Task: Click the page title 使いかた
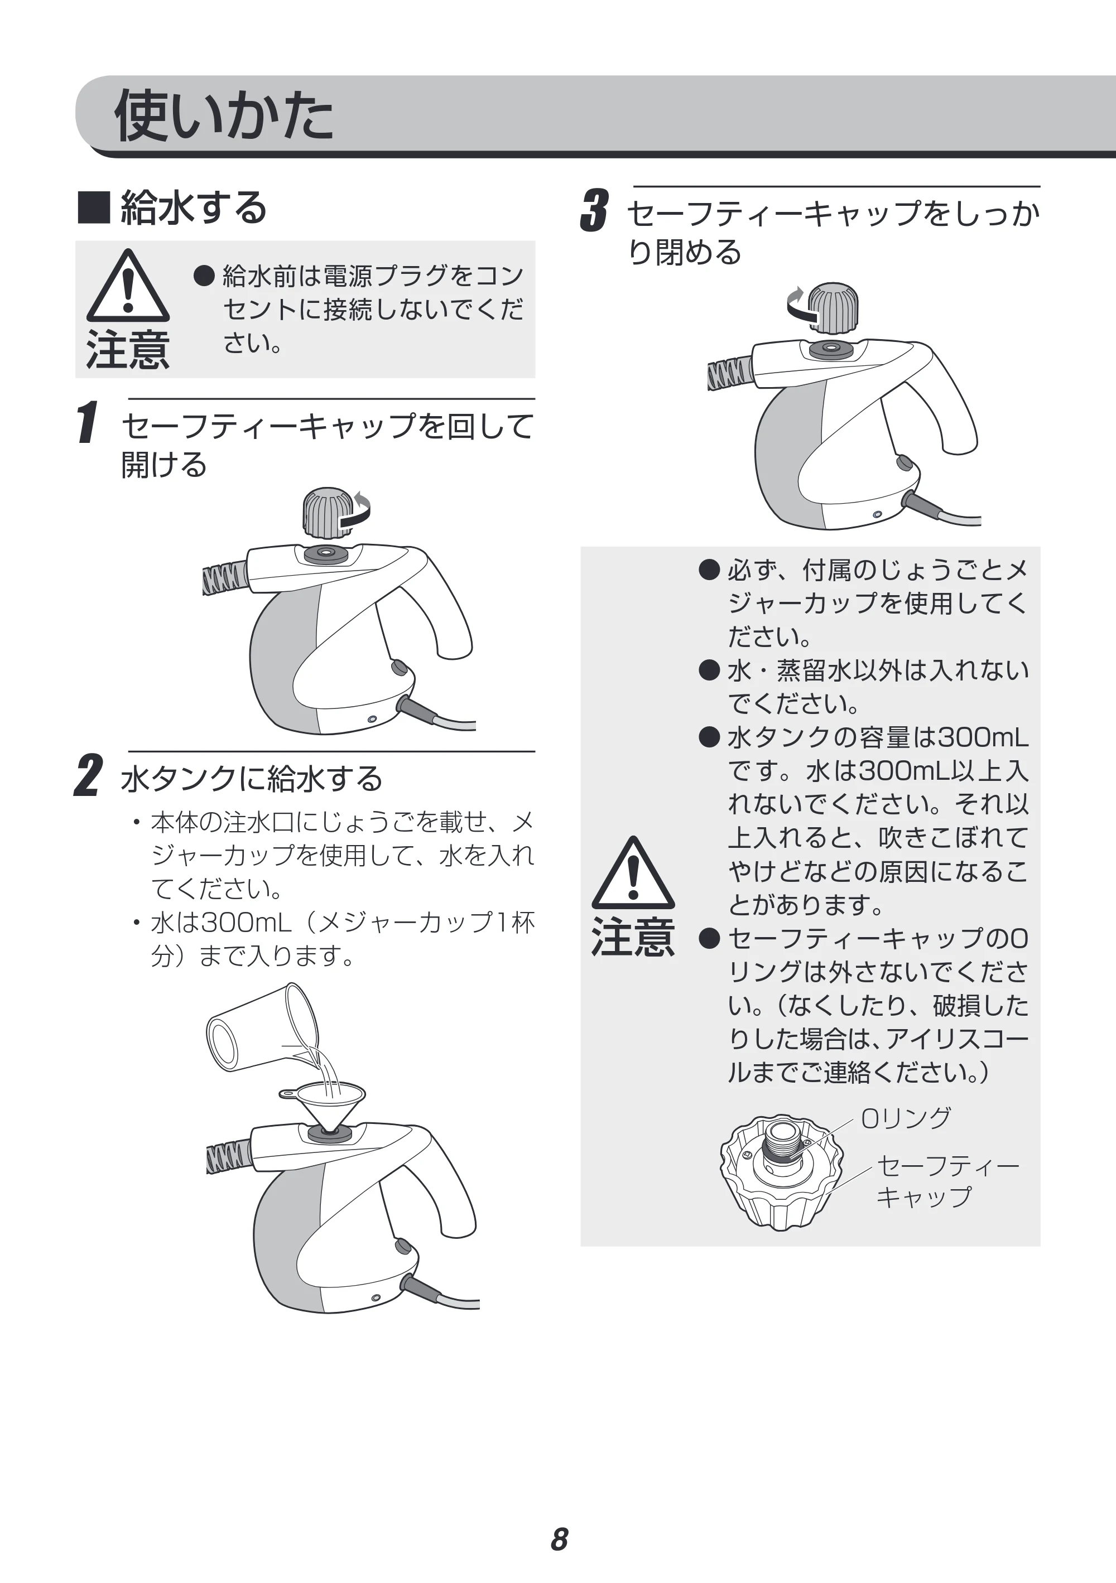(223, 115)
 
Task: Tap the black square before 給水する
(94, 207)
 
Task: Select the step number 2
(88, 776)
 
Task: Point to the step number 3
(594, 210)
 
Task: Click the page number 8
(559, 1539)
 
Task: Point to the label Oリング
(906, 1118)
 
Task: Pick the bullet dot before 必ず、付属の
(709, 570)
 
